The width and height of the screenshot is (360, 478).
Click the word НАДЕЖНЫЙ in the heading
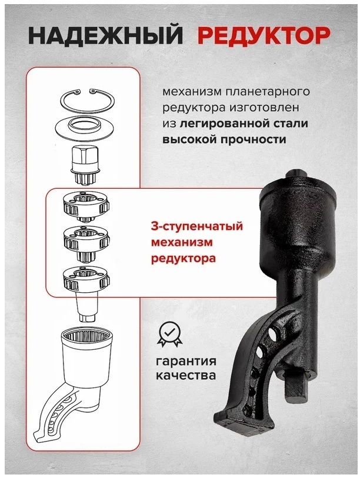(105, 36)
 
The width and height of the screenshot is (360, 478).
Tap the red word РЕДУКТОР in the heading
(264, 36)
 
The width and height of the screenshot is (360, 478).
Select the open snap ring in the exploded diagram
(87, 99)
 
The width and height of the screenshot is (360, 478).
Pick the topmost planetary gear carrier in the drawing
(86, 207)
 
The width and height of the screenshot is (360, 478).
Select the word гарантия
(186, 362)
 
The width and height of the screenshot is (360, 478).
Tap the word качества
(185, 375)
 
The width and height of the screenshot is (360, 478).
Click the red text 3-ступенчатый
(197, 227)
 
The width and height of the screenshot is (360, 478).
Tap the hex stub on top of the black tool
(298, 174)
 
